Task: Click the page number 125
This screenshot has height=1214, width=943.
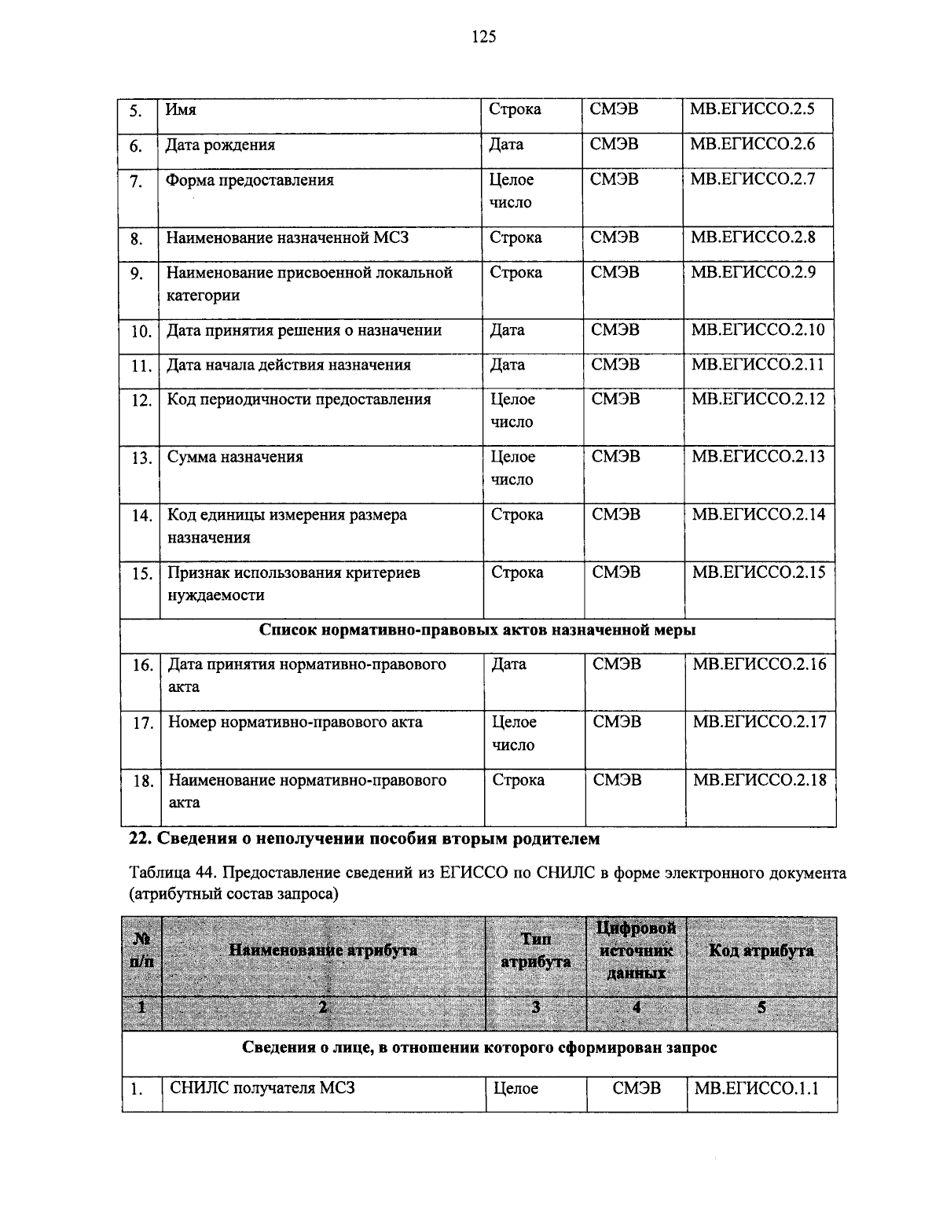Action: (x=483, y=36)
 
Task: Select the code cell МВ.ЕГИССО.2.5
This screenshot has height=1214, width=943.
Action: (x=751, y=109)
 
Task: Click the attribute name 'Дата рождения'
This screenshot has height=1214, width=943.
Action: (x=220, y=145)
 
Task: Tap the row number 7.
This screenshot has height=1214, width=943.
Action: (x=137, y=182)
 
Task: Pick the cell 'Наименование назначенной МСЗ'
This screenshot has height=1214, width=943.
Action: (x=287, y=237)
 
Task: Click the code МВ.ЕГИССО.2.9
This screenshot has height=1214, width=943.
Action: (x=753, y=272)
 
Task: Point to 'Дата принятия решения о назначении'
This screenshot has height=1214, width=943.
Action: (x=304, y=330)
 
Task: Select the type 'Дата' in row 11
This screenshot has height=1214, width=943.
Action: (x=508, y=365)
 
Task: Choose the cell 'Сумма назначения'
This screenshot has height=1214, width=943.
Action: (x=235, y=457)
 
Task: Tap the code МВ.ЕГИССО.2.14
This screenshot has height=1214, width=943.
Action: (x=758, y=515)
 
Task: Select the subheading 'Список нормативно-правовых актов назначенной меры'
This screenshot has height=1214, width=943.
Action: (x=477, y=630)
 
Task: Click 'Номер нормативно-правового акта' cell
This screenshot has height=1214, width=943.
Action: (x=295, y=722)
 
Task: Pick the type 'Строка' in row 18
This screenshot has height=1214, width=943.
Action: (x=518, y=780)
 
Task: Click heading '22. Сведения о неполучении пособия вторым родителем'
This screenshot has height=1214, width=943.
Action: (x=364, y=839)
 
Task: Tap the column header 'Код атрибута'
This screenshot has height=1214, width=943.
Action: (x=761, y=951)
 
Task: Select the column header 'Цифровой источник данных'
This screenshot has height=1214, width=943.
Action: (x=636, y=951)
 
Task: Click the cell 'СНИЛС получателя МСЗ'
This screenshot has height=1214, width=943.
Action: (x=262, y=1088)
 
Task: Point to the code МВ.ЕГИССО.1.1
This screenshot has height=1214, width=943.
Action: (x=756, y=1088)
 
